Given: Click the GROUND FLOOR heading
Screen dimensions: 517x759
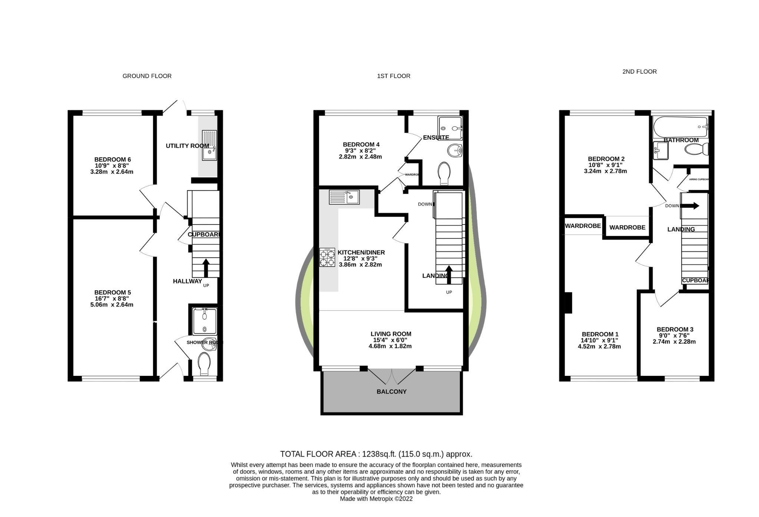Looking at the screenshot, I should coord(147,76).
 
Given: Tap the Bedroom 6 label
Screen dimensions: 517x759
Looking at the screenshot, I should coord(112,160).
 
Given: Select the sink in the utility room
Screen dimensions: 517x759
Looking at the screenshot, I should coord(209,145).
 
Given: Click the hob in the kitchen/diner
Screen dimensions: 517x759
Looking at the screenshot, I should coord(327,257).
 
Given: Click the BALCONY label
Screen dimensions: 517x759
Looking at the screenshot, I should coord(391,391).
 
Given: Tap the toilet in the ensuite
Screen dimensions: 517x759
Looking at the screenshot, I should coord(444,173).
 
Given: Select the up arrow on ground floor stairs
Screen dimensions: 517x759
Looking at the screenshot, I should coord(205,268).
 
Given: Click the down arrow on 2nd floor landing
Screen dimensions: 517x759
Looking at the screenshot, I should coord(690,206).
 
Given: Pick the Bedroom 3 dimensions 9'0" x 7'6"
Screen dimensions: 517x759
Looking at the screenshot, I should coord(674,336).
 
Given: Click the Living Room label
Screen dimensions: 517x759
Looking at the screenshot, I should coord(391,334).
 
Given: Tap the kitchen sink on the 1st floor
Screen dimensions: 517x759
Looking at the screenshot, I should coord(344,197).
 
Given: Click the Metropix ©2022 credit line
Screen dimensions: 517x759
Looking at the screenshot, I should coord(376,499).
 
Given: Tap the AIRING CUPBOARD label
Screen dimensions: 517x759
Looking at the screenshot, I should coord(699,179).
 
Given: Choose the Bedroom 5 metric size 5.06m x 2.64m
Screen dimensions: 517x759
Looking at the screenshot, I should coord(112,305).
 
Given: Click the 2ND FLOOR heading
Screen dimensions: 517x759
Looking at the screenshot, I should coord(639,71).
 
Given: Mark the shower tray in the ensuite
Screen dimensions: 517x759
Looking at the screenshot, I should coord(450,128).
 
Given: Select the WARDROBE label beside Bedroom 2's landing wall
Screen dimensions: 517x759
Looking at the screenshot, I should coord(627,227).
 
